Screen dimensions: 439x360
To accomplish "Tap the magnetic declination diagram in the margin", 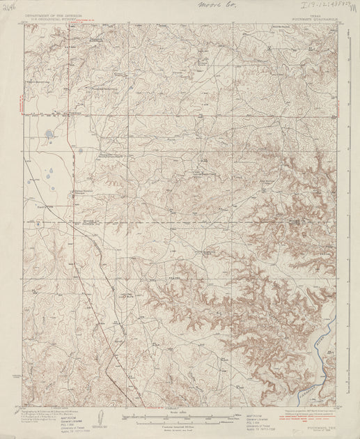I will coord(102,417).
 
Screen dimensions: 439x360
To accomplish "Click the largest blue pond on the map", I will coord(47,134).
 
